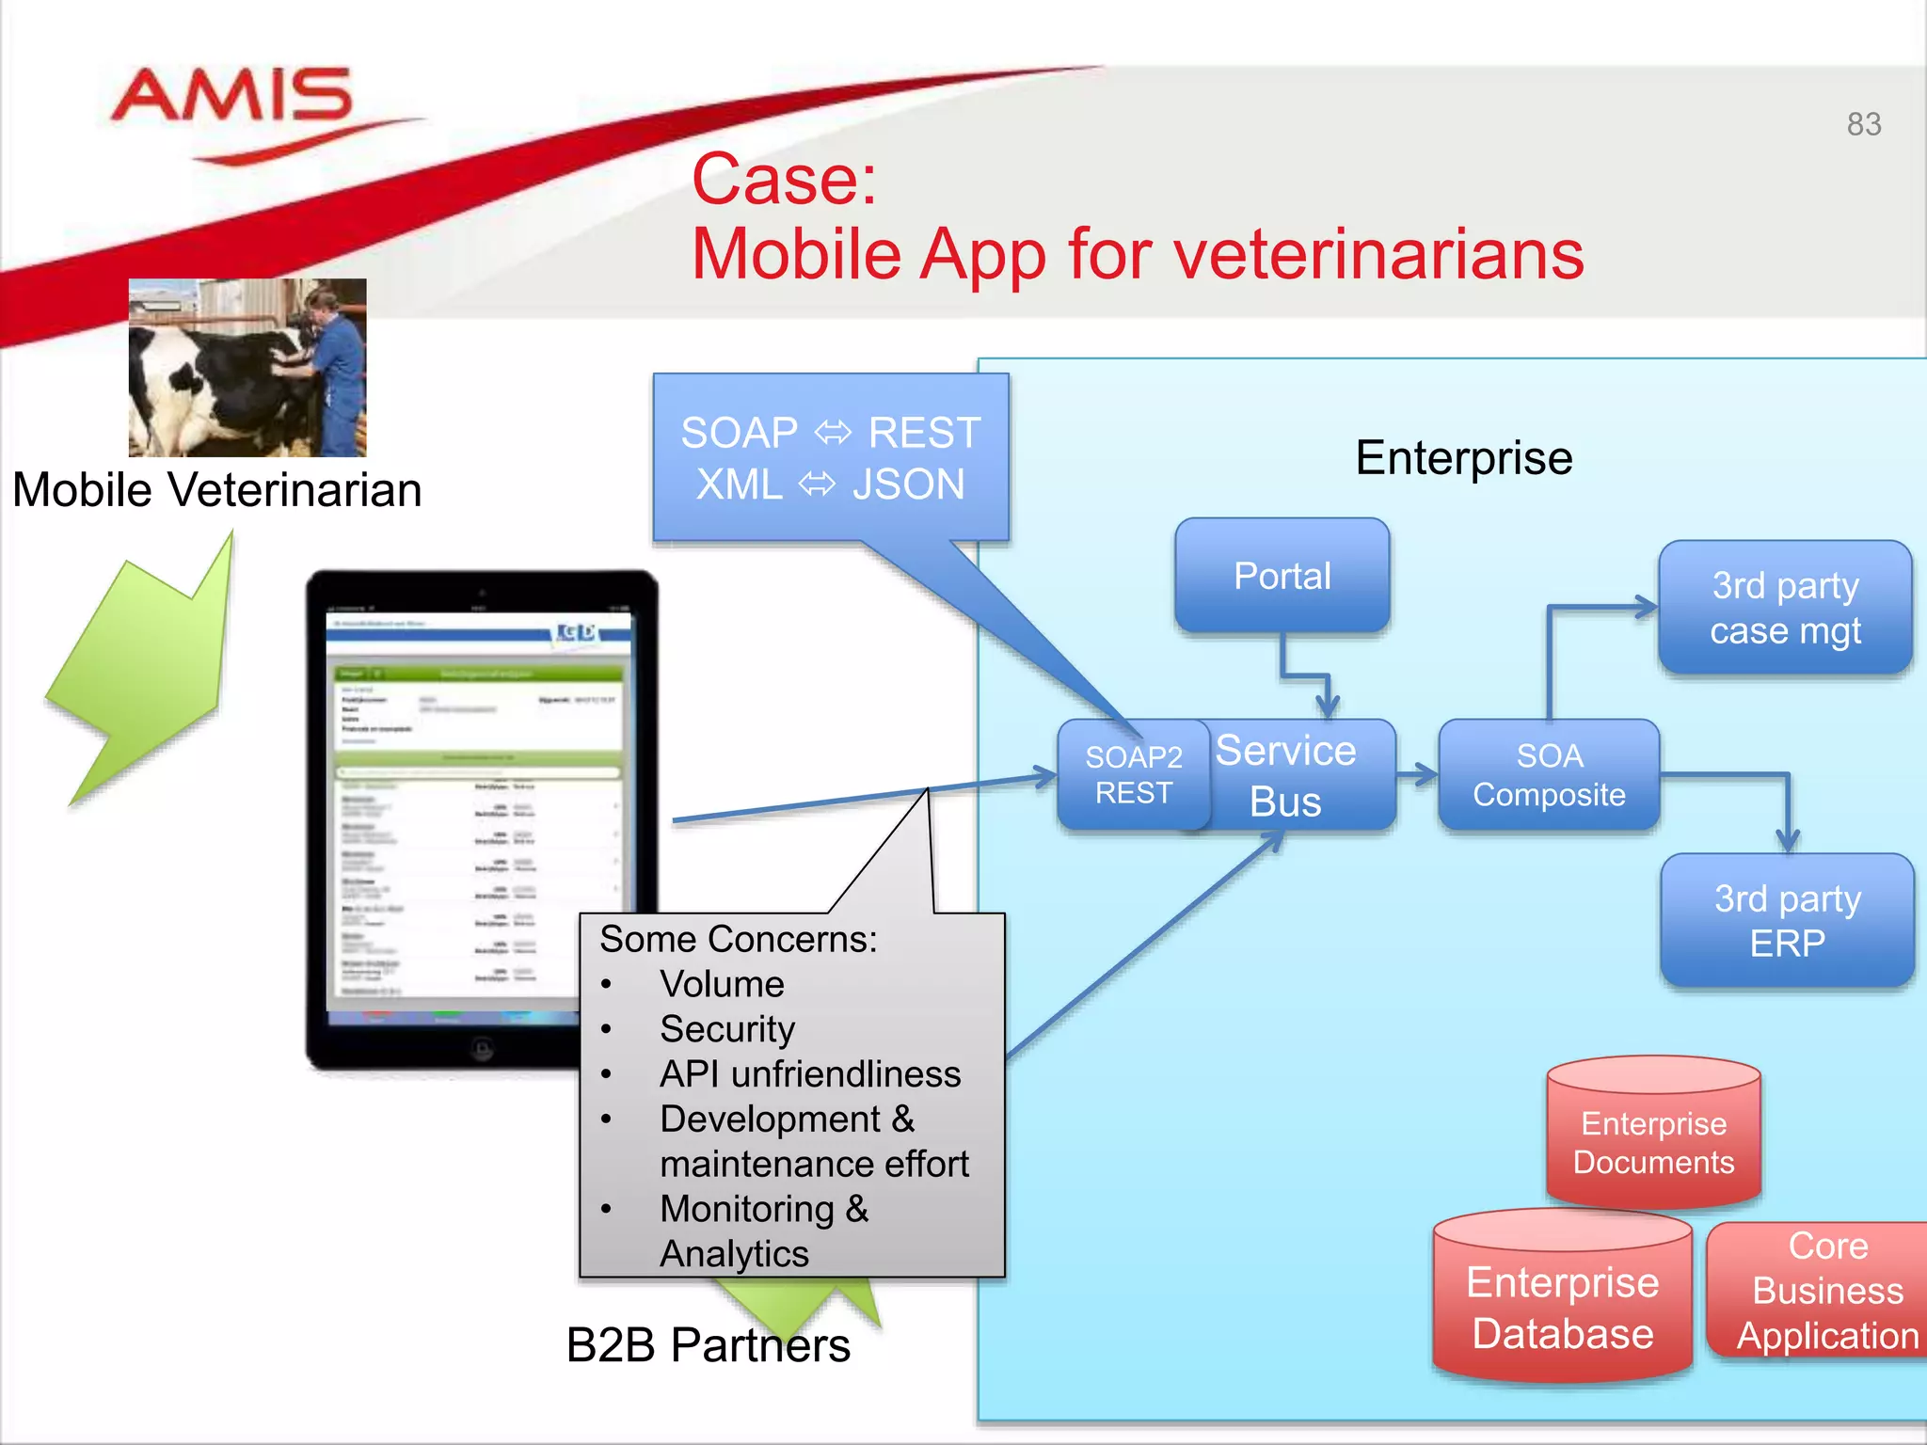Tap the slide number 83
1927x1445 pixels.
click(1863, 124)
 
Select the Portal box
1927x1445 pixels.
click(1282, 576)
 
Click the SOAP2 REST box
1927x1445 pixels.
click(1132, 774)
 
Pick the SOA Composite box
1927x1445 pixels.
click(1549, 774)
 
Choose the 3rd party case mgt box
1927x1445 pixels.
click(1785, 608)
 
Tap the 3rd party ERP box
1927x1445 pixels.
click(1787, 920)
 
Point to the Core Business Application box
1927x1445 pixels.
click(1825, 1291)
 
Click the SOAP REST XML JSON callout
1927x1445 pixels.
click(830, 458)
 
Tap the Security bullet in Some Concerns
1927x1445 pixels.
click(726, 1028)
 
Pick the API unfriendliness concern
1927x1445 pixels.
click(809, 1073)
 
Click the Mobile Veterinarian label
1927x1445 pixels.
click(217, 490)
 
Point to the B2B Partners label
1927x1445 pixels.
click(708, 1344)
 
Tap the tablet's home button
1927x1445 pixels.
click(482, 1047)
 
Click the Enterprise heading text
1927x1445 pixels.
click(1463, 458)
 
